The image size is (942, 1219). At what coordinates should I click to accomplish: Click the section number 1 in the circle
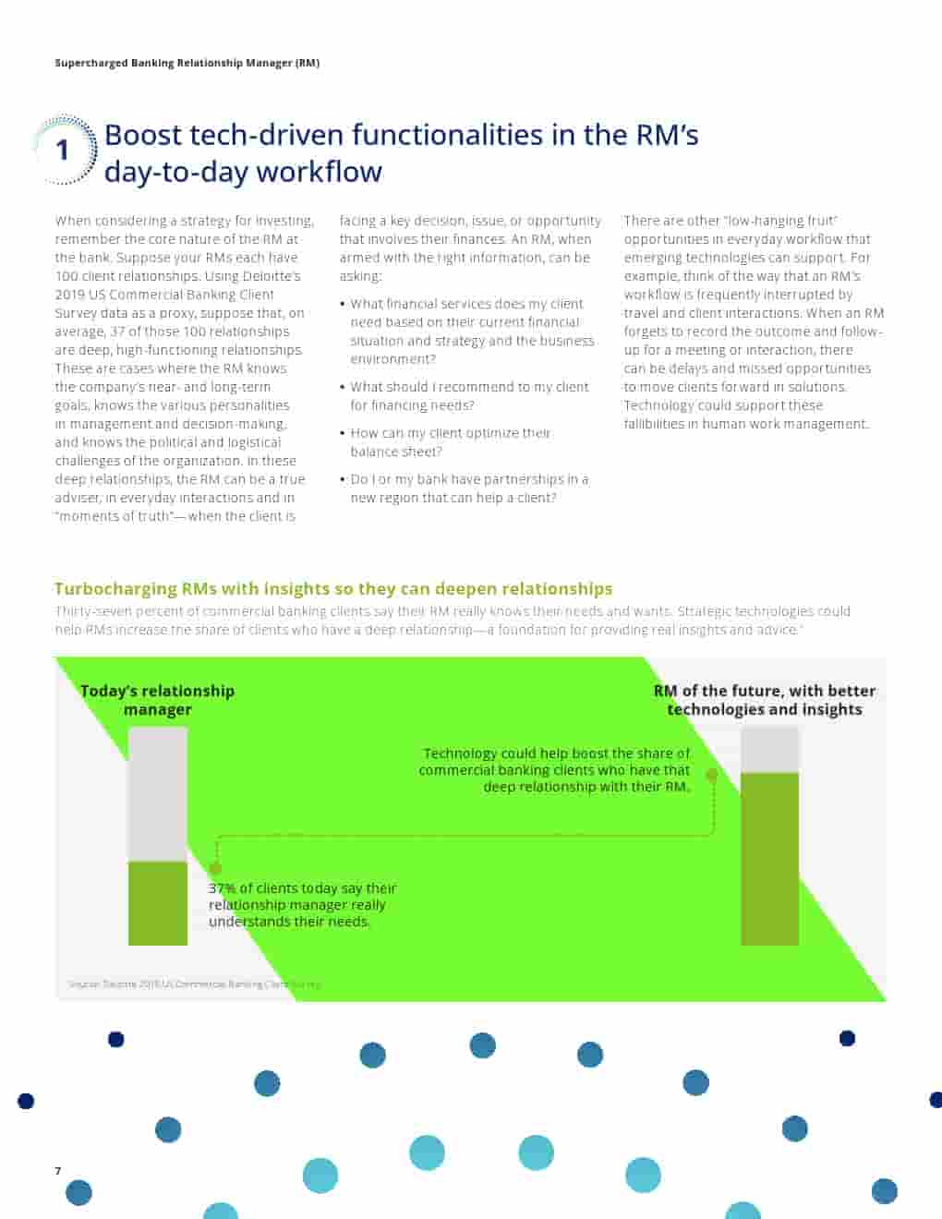(x=63, y=150)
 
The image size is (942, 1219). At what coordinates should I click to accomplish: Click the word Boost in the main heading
(x=143, y=135)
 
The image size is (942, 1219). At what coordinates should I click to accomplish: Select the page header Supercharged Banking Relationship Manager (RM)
(x=187, y=63)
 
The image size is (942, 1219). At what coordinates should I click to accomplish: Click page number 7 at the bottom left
(x=58, y=1171)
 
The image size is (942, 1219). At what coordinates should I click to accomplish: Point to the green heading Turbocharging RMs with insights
(x=332, y=588)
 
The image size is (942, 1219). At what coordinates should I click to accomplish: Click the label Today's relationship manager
(x=157, y=700)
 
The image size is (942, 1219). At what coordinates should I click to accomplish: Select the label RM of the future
(x=764, y=700)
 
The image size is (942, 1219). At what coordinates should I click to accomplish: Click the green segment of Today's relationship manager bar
(x=157, y=902)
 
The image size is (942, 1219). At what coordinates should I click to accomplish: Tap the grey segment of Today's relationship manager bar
(x=157, y=794)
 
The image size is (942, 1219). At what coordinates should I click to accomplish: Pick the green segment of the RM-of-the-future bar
(x=769, y=859)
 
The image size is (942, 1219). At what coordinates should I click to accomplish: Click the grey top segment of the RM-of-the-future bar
(x=769, y=750)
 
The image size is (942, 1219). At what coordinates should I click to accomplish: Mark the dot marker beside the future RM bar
(x=712, y=776)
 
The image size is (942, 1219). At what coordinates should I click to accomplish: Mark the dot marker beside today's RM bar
(x=215, y=869)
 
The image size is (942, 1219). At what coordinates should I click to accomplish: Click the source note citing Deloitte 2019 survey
(x=194, y=984)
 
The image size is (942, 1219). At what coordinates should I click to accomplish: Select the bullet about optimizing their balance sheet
(x=450, y=441)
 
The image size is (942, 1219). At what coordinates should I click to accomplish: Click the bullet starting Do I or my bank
(x=468, y=488)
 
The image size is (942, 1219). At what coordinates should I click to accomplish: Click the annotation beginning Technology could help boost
(x=555, y=769)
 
